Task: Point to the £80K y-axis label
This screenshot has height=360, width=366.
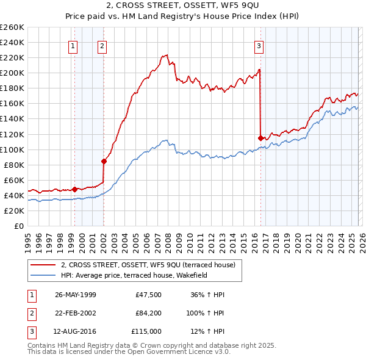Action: point(14,165)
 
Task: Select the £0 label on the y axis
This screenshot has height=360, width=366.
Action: point(19,226)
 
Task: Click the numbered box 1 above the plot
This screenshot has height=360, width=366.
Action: point(73,46)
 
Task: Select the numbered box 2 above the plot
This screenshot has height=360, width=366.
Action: point(102,46)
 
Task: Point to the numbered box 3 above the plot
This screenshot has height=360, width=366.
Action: point(259,46)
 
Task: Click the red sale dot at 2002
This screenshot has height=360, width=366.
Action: point(104,161)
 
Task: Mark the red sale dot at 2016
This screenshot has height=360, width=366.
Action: point(261,138)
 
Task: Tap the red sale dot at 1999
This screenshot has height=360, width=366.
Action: point(74,189)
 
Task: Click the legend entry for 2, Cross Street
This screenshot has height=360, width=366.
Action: point(151,264)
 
